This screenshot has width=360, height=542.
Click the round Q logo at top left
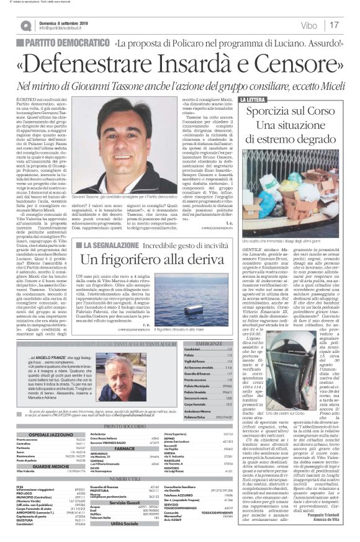click(25, 26)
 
